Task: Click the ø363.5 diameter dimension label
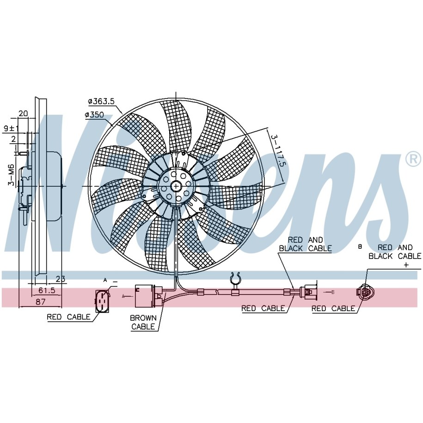101,102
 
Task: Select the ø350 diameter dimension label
94,115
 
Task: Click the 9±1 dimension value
11,129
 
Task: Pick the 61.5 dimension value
47,290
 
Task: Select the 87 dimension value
41,301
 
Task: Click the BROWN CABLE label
143,322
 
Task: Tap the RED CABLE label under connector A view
68,317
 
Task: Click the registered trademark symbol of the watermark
413,159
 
